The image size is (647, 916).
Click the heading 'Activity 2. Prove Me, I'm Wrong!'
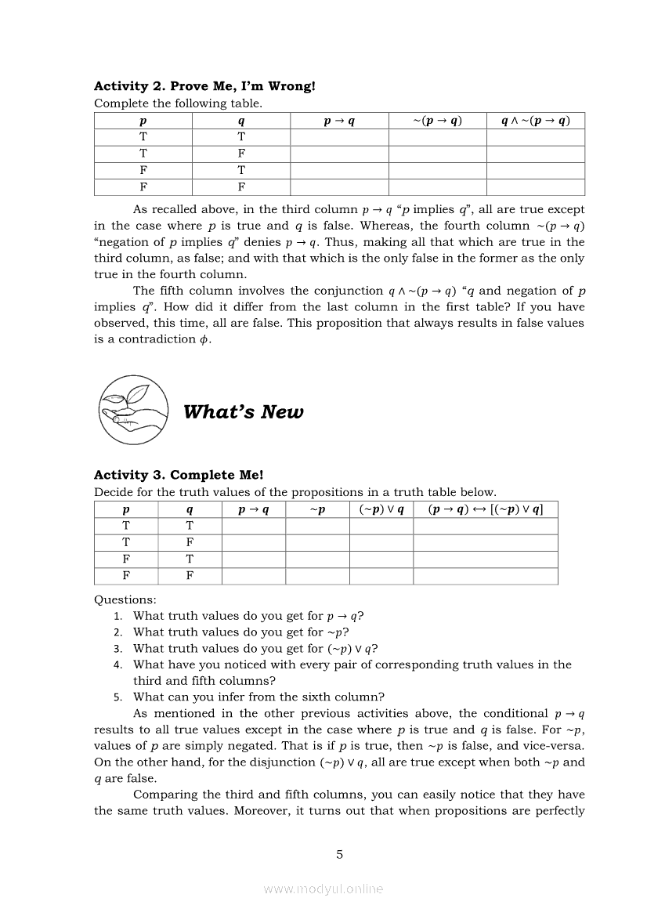204,86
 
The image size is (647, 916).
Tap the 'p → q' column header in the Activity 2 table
339,121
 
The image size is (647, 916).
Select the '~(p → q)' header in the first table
437,121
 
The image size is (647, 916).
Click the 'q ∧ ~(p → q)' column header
535,121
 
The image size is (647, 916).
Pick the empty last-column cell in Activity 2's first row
535,137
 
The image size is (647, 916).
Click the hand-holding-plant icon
133,409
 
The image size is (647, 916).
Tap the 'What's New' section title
243,412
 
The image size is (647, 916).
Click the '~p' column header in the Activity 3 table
317,509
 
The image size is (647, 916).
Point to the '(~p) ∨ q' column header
381,509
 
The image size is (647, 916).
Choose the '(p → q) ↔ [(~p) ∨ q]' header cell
486,509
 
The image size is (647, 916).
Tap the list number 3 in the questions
117,649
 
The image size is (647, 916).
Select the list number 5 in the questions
117,697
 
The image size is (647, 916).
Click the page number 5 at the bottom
339,855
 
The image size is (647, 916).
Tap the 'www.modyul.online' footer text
323,889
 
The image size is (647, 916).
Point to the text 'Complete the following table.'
178,103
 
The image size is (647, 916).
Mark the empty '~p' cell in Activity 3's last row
317,576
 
